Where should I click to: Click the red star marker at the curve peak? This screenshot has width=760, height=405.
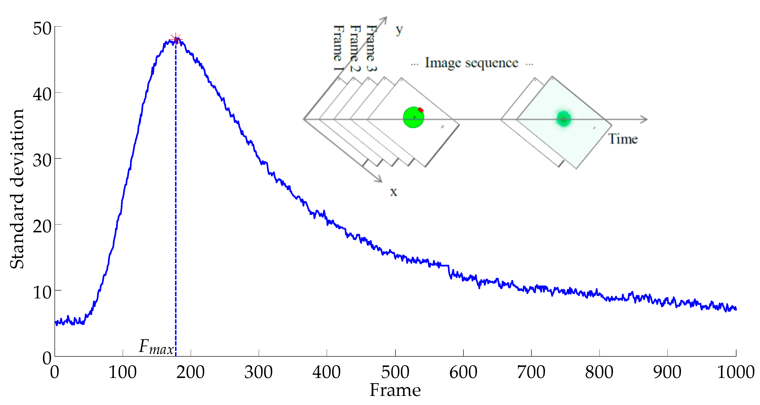(176, 40)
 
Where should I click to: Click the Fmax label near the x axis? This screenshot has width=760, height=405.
(156, 347)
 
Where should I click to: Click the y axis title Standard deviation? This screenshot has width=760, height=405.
(17, 189)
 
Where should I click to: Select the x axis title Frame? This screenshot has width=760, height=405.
(395, 390)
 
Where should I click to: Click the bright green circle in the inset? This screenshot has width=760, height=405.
(413, 117)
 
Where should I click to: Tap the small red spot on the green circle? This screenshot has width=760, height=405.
(421, 110)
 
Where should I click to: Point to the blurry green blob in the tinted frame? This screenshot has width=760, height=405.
(564, 119)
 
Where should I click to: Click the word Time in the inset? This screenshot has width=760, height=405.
(623, 139)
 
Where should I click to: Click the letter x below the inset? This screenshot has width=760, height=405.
(393, 192)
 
